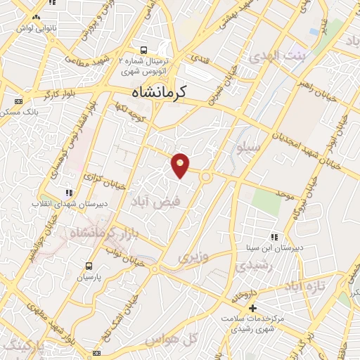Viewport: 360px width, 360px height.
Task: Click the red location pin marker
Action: point(181,165)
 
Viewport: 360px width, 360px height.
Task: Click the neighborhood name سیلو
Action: point(250,148)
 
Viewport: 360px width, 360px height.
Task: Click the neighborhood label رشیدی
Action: point(250,266)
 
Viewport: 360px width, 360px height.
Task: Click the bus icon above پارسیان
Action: point(89,266)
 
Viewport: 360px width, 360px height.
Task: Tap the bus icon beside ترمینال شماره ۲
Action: point(144,50)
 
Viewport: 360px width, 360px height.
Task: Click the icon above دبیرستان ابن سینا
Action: point(273,237)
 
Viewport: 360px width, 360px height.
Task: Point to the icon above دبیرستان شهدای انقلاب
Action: point(69,192)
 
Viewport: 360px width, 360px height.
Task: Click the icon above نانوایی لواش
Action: point(36,15)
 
